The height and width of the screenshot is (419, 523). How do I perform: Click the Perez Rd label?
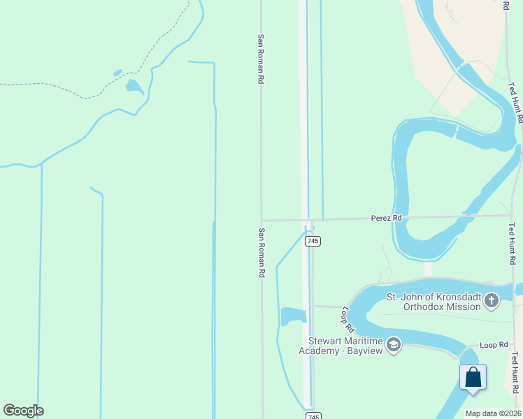tap(387, 219)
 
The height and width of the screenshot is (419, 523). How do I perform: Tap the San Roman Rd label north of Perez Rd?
tap(260, 59)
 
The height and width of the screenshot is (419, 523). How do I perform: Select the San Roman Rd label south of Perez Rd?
tap(261, 253)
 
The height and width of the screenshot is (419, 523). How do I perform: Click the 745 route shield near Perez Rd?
tap(313, 241)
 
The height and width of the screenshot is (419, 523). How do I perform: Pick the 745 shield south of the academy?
tap(313, 416)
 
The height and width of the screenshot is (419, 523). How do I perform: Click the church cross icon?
tap(492, 301)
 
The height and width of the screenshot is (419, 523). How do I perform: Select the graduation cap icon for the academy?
tap(394, 344)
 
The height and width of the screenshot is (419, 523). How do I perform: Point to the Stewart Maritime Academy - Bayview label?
tap(346, 345)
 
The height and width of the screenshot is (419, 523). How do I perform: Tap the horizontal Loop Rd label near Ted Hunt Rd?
tap(493, 345)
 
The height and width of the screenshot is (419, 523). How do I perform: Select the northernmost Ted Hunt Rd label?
tap(515, 103)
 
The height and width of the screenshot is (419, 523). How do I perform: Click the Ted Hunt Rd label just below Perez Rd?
tap(513, 244)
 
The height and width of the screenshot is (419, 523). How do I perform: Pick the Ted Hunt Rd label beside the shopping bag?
tap(515, 373)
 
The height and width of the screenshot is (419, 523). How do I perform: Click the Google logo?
tap(23, 411)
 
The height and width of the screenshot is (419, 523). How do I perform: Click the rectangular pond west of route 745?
tap(293, 316)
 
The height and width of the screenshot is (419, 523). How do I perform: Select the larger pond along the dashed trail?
tap(134, 87)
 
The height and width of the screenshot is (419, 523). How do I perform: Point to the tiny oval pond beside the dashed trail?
tap(117, 72)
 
